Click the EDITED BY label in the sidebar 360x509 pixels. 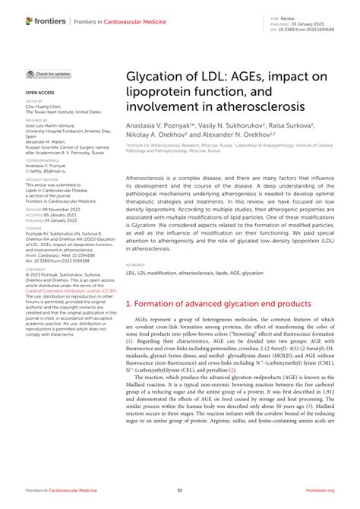pos(34,100)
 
